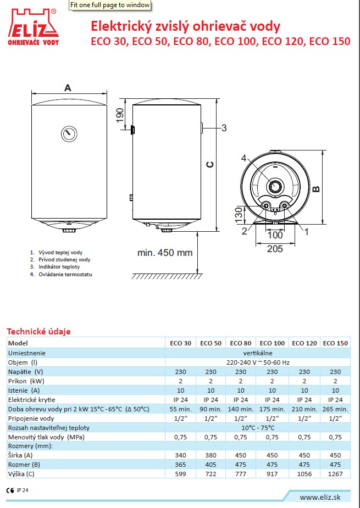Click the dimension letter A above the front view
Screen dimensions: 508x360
tap(68, 87)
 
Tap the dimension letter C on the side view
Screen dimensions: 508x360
tap(209, 164)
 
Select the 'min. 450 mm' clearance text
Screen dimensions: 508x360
tap(165, 253)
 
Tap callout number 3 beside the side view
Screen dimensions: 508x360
tap(224, 129)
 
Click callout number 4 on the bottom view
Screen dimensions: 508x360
tap(244, 159)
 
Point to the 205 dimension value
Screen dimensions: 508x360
tap(275, 249)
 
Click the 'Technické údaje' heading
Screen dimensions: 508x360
tap(38, 331)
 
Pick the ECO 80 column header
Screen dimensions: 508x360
tap(241, 343)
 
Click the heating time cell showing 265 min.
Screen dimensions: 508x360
tap(335, 409)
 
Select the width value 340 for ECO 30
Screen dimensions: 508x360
tap(181, 455)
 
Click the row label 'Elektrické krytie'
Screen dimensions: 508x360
tap(32, 400)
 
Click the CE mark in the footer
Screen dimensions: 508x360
tap(10, 490)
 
